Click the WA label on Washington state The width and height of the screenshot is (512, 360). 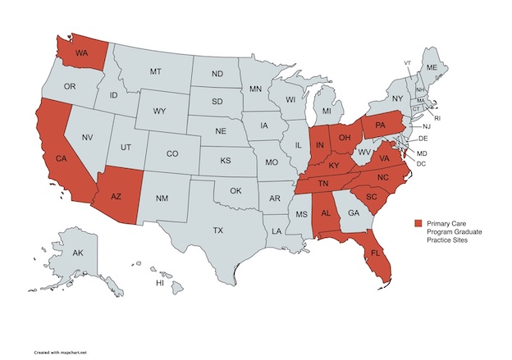tap(82, 53)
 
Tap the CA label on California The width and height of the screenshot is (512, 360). tap(60, 157)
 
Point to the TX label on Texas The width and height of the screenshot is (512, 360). tap(217, 230)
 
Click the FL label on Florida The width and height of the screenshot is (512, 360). tap(376, 253)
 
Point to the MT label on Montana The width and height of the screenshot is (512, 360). tap(155, 72)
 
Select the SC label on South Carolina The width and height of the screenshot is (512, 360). tap(371, 198)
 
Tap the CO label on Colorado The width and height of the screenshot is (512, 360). tap(172, 153)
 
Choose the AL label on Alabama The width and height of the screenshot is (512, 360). tap(326, 212)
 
